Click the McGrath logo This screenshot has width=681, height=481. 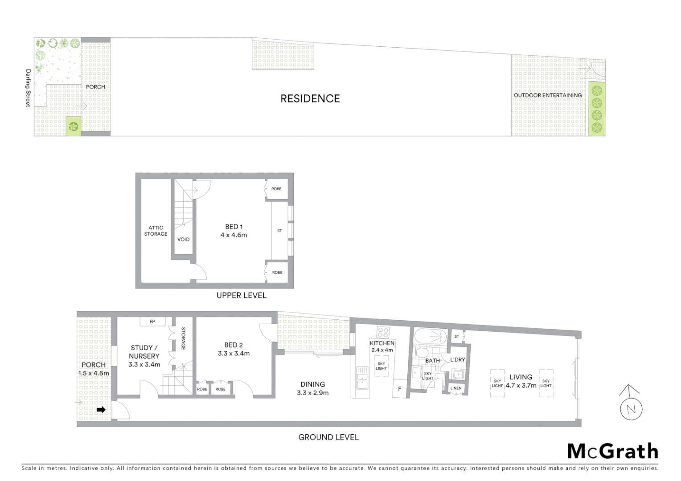pos(613,451)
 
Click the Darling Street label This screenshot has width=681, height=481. pos(28,88)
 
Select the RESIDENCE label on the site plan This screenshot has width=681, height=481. pos(310,98)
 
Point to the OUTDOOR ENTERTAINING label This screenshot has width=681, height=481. pos(548,95)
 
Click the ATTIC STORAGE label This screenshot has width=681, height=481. pos(156,231)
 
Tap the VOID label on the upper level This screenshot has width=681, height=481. pos(183,239)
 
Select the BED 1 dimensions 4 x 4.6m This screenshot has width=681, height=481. pos(234,235)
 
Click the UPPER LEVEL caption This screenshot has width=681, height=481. pos(241,295)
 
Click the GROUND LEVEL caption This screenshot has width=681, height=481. pos(328,437)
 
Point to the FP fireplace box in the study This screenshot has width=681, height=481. pos(152,322)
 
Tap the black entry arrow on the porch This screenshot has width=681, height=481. pos(101,410)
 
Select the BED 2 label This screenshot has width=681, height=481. pos(234,345)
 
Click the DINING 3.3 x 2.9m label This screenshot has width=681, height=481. pos(312,388)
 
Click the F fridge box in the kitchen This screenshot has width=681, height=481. pos(400,389)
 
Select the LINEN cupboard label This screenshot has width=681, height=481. pos(456,388)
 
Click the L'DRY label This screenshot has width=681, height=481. pos(458,359)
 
